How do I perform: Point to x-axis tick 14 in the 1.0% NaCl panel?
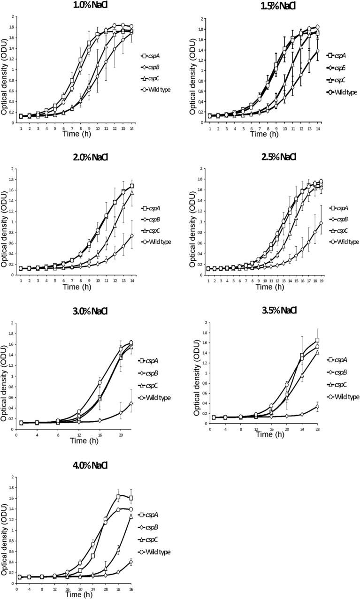(131, 129)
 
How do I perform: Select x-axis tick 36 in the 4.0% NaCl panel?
(131, 589)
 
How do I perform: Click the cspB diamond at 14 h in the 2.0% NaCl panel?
(131, 235)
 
